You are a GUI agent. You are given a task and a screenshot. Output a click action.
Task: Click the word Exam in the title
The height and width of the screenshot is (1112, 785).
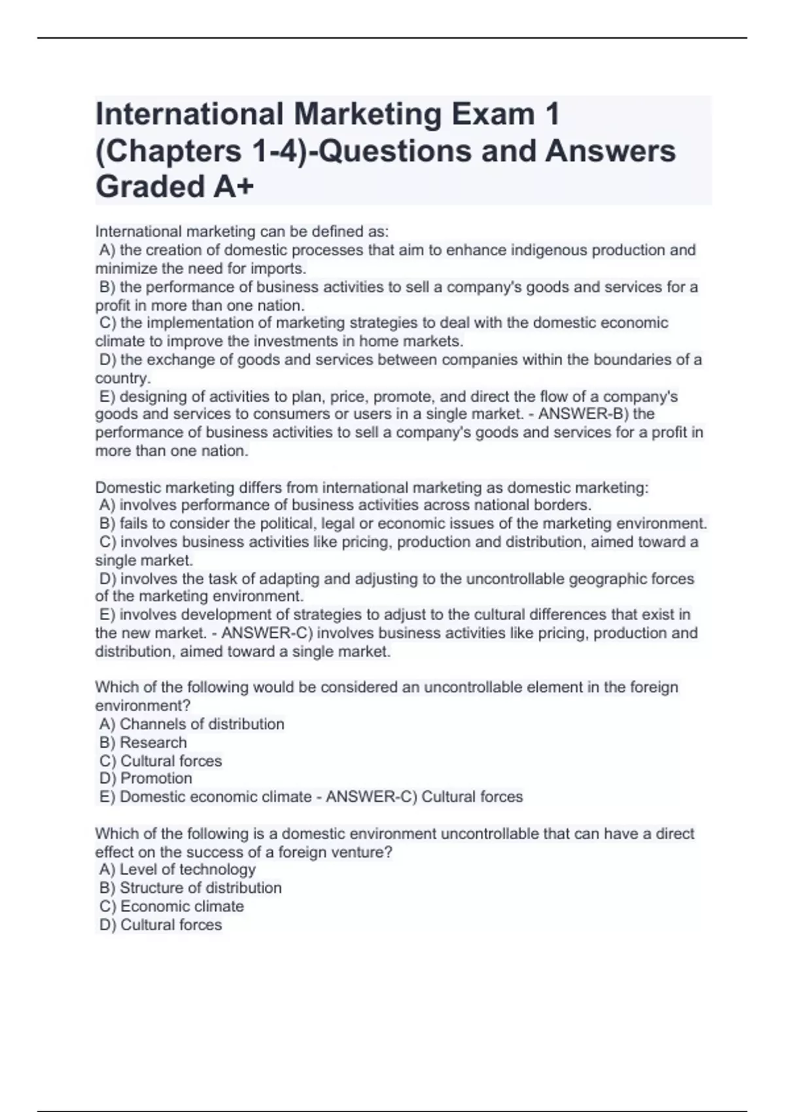click(x=491, y=114)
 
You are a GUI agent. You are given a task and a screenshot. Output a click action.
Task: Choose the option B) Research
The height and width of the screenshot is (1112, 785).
click(x=143, y=742)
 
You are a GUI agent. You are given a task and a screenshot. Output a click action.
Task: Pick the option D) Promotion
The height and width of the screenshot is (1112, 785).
click(x=146, y=778)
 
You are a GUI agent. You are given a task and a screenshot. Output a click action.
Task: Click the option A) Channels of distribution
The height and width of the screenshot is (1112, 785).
click(x=192, y=724)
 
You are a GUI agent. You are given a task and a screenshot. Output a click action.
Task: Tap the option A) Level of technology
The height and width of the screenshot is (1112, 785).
click(x=177, y=869)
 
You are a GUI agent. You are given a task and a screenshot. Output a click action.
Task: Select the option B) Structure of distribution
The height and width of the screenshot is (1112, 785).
click(x=190, y=888)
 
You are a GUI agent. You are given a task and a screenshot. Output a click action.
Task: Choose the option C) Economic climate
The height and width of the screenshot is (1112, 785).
click(x=171, y=906)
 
